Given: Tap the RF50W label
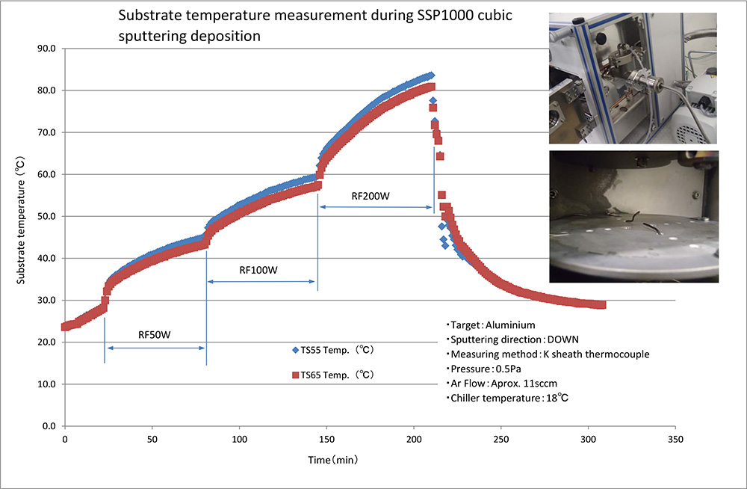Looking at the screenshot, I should [155, 334].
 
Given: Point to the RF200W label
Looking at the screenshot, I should [371, 197].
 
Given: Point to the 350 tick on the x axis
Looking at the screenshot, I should [675, 438].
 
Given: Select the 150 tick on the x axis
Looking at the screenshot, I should [326, 438].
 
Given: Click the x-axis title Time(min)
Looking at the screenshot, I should [332, 459].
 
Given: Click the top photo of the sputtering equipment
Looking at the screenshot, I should [633, 78].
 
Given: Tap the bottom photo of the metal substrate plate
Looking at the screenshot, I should [633, 217].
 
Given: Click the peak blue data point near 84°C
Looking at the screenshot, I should [430, 76].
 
